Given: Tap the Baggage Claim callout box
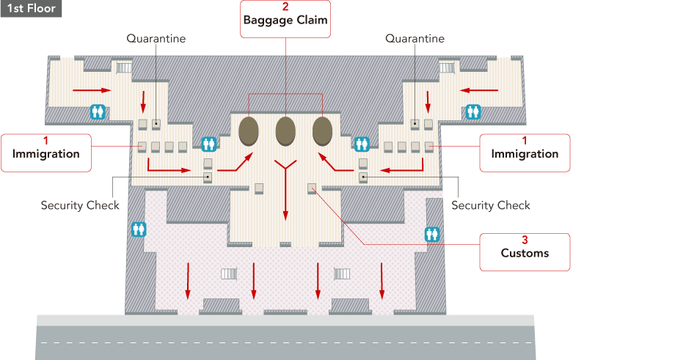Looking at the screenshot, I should coord(285,18).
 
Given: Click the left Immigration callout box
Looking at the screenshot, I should coord(45,153).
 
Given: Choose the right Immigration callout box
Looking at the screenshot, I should coord(525,153).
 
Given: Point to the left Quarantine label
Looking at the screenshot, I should coord(156,38).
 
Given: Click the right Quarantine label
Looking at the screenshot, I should coord(415,38).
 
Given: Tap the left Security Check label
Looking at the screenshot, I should coord(80,205).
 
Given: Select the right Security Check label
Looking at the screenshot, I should coord(490,205).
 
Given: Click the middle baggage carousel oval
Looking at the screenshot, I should coord(285,131).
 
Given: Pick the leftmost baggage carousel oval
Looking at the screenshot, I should coord(249,131).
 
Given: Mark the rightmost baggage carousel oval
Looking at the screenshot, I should coord(322,131).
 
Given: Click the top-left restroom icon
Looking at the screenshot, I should coord(98,111).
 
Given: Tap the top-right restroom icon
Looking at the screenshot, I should coord(473,111).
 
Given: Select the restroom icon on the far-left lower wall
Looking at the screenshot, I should coord(139,229).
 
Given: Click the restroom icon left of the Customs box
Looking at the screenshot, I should coord(431,234).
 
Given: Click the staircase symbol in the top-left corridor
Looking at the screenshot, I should coord(123,67).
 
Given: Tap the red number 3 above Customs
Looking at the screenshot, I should coord(525,240).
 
